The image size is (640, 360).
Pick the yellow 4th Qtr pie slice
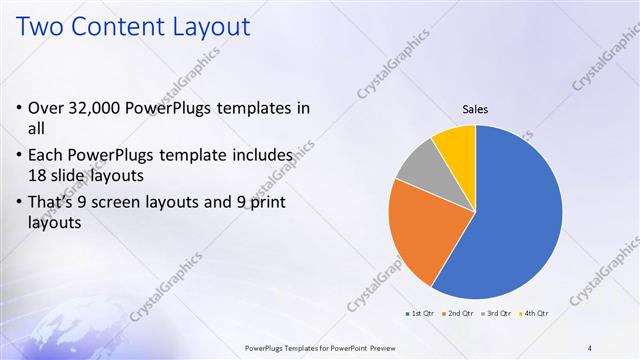pyautogui.click(x=456, y=142)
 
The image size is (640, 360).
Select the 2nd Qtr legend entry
pyautogui.click(x=460, y=314)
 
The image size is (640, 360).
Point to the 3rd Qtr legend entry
pyautogui.click(x=496, y=314)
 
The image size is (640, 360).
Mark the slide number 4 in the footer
pyautogui.click(x=590, y=348)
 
